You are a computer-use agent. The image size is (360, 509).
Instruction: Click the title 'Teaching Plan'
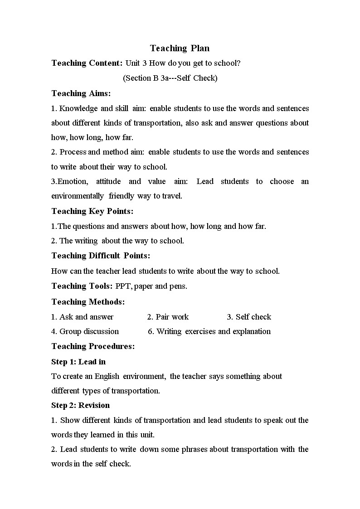[x=180, y=48]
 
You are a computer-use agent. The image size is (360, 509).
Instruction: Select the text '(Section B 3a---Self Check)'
[x=170, y=78]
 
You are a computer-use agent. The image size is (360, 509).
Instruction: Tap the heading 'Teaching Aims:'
[x=81, y=93]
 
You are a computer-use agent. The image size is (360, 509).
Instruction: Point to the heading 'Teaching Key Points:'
[x=92, y=211]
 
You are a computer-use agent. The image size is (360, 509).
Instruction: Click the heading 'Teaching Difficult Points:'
[x=101, y=256]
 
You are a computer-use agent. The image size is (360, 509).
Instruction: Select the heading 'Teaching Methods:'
[x=88, y=302]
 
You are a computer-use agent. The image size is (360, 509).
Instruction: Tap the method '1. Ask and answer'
[x=82, y=317]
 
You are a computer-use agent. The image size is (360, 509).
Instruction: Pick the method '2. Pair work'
[x=168, y=317]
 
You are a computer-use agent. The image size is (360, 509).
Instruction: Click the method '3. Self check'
[x=249, y=317]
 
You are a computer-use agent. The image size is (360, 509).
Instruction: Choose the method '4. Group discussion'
[x=85, y=331]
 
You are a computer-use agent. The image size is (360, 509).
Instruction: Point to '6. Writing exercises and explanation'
[x=209, y=331]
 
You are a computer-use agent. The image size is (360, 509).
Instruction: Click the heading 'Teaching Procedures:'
[x=93, y=346]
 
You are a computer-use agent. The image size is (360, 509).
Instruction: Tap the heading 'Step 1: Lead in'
[x=78, y=362]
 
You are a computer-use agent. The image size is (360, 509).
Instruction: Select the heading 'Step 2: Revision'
[x=80, y=405]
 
